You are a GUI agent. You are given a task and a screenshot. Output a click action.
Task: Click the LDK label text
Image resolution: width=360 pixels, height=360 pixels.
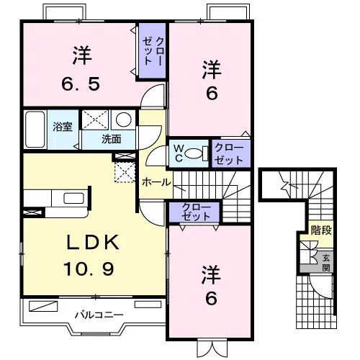point(93,243)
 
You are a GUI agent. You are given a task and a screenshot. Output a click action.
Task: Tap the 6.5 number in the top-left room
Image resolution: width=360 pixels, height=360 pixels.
point(81,84)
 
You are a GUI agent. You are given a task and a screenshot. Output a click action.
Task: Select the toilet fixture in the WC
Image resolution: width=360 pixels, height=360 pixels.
point(197,153)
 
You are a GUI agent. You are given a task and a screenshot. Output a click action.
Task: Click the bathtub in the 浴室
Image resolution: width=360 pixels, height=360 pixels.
point(35,130)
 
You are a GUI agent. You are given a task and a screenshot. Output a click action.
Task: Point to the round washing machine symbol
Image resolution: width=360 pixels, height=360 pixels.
point(124,120)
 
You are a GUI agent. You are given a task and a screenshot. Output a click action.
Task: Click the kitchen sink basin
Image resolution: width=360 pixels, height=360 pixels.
point(73,198)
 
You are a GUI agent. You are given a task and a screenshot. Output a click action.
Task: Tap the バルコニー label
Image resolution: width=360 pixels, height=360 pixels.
point(99,315)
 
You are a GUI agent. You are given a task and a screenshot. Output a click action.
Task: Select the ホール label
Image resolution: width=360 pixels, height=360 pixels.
point(156,182)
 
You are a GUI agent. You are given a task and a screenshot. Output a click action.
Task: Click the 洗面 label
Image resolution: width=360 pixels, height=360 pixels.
point(112,139)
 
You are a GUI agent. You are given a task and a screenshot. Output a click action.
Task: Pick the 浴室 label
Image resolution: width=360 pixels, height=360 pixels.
point(63,127)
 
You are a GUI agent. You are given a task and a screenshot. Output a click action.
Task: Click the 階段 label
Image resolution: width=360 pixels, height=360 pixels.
point(321,230)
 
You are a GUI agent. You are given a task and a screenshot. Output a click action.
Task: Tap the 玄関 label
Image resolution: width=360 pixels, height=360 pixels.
point(326,263)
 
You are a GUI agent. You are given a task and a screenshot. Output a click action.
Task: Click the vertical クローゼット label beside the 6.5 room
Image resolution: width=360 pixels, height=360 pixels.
point(153,51)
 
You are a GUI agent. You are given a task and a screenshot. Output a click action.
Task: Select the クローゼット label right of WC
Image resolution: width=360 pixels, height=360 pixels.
point(229,154)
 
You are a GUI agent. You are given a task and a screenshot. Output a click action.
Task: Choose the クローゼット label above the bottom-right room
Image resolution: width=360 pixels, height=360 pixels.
point(196,212)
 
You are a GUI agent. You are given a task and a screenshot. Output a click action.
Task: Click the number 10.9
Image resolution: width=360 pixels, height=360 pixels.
point(89,269)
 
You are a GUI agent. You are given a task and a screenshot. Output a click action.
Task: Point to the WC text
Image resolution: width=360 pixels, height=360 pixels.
point(179,153)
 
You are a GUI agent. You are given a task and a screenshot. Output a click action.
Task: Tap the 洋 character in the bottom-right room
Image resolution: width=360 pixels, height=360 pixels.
point(211,275)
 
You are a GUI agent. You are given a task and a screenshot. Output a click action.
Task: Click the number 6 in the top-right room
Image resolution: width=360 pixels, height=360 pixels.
point(212,93)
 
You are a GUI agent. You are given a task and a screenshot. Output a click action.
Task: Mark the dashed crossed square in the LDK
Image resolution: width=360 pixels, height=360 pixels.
point(125,172)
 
